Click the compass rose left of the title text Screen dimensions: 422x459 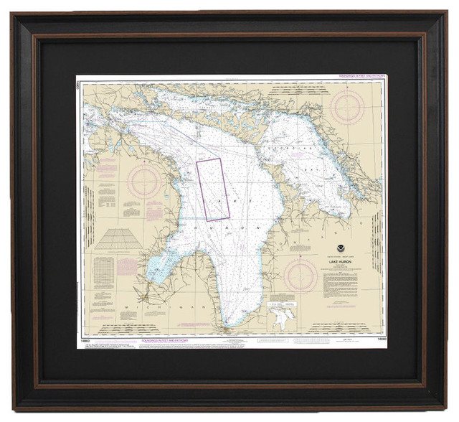point(300,276)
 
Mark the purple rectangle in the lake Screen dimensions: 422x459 point(213,189)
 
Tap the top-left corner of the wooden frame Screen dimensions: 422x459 point(16,16)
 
